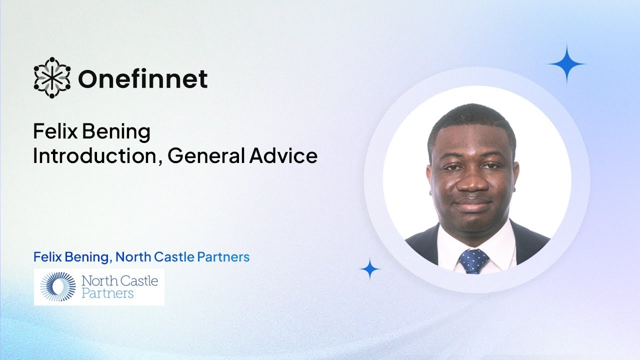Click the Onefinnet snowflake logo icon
(52, 77)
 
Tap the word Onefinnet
(142, 78)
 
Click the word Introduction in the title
(95, 156)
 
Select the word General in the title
(205, 156)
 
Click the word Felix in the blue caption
(45, 257)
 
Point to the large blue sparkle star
(566, 64)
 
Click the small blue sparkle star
(370, 269)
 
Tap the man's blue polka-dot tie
(473, 260)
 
